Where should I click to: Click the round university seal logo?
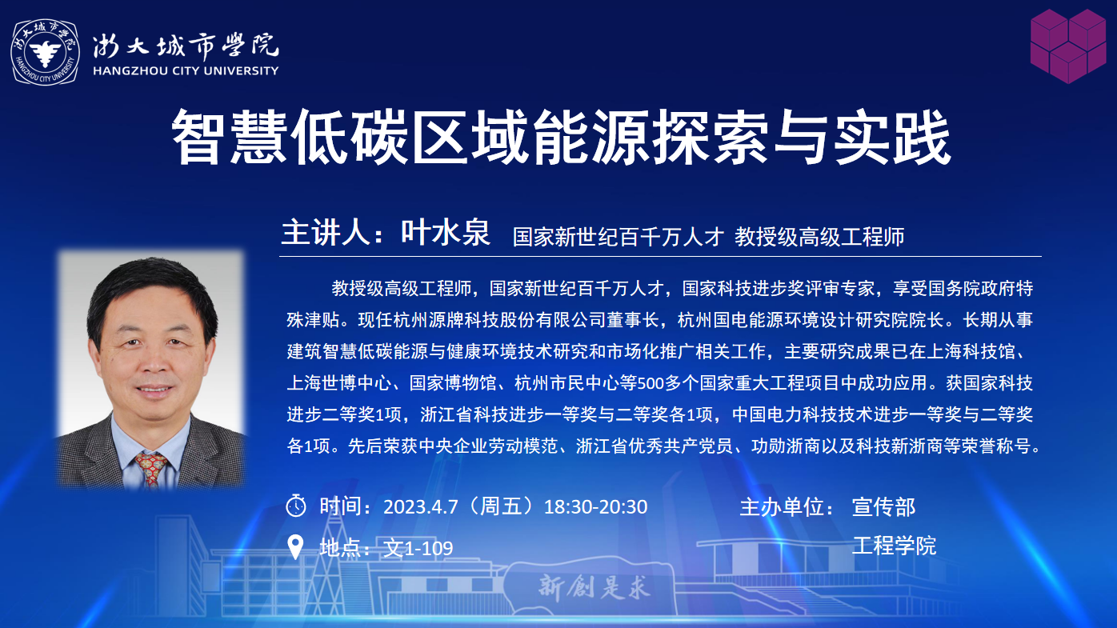[x=46, y=52]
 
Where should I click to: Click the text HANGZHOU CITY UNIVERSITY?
[x=186, y=70]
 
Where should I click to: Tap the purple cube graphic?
[x=1068, y=46]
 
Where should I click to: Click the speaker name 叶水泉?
[x=446, y=232]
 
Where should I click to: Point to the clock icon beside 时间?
[x=296, y=506]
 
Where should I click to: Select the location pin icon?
[x=295, y=547]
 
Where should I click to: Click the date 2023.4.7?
[x=420, y=507]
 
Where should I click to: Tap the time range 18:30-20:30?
[x=595, y=507]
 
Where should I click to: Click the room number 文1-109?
[x=418, y=548]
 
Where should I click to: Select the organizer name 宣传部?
[x=883, y=507]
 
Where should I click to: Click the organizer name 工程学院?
[x=894, y=546]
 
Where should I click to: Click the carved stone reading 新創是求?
[x=594, y=587]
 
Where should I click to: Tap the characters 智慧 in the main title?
[x=229, y=137]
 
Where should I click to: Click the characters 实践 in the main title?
[x=893, y=137]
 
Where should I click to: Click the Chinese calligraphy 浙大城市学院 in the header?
[x=186, y=46]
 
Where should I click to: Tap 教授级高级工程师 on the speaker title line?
[x=819, y=237]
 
